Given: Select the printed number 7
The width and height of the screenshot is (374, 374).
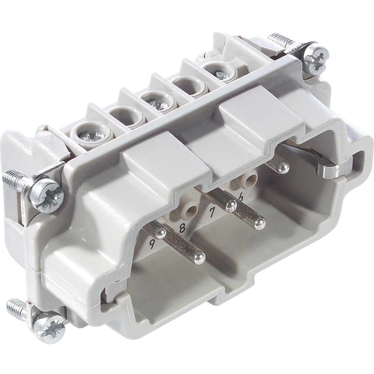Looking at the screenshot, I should point(212,213).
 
